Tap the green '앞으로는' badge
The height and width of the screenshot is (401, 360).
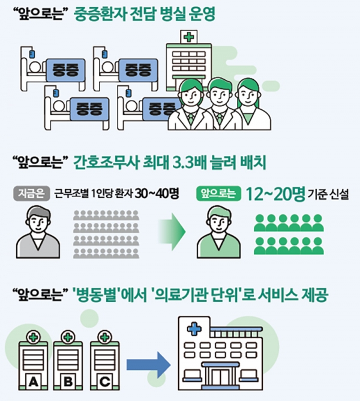coord(218,194)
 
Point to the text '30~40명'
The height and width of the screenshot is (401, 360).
coord(158,194)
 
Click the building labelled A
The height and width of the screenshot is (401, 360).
coord(34,360)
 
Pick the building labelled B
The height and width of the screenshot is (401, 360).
coord(68,360)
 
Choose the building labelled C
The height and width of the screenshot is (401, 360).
coord(103,360)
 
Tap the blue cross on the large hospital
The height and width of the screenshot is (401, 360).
coord(194,330)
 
